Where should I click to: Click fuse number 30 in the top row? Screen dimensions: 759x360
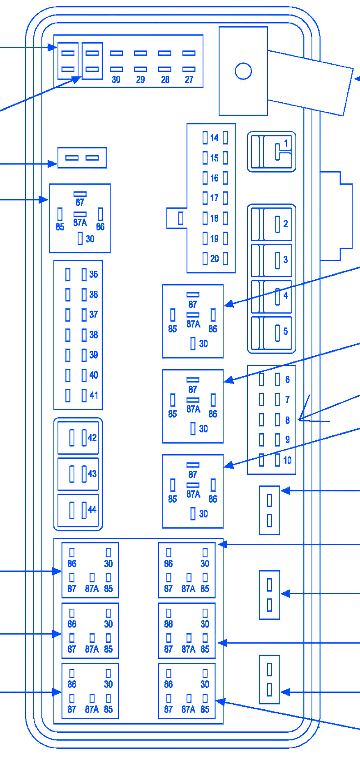pos(116,79)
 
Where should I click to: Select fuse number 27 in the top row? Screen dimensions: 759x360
pos(189,79)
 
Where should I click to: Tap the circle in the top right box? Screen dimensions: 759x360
pos(243,71)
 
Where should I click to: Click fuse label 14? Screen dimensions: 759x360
pos(215,138)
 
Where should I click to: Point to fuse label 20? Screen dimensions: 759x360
pos(215,259)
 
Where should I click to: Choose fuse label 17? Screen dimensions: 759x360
pos(215,198)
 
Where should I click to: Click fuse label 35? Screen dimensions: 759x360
pos(94,274)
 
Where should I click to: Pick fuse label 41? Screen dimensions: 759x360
pos(94,395)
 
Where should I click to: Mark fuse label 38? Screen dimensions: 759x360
pos(94,335)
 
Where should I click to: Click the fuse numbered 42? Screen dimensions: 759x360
pos(78,438)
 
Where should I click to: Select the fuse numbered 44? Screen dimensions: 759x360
pos(78,510)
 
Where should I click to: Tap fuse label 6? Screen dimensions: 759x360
pos(287,379)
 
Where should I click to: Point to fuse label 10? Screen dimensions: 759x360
pos(287,460)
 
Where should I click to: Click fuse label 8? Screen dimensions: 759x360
pos(287,420)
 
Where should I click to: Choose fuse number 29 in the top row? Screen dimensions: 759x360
pos(141,79)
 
